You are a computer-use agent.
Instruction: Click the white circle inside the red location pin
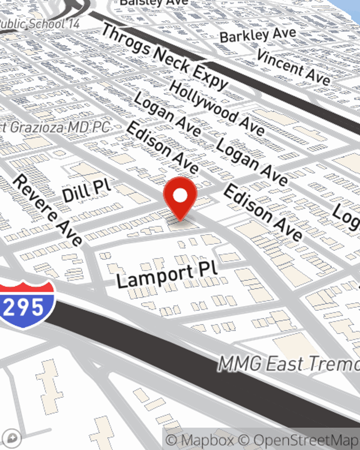(x=180, y=195)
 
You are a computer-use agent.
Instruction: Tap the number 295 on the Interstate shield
(x=24, y=307)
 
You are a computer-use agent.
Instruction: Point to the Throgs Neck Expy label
(x=164, y=58)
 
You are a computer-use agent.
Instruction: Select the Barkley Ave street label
(x=258, y=35)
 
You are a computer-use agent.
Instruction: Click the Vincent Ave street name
(x=293, y=67)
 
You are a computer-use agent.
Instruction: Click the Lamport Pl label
(x=167, y=275)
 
